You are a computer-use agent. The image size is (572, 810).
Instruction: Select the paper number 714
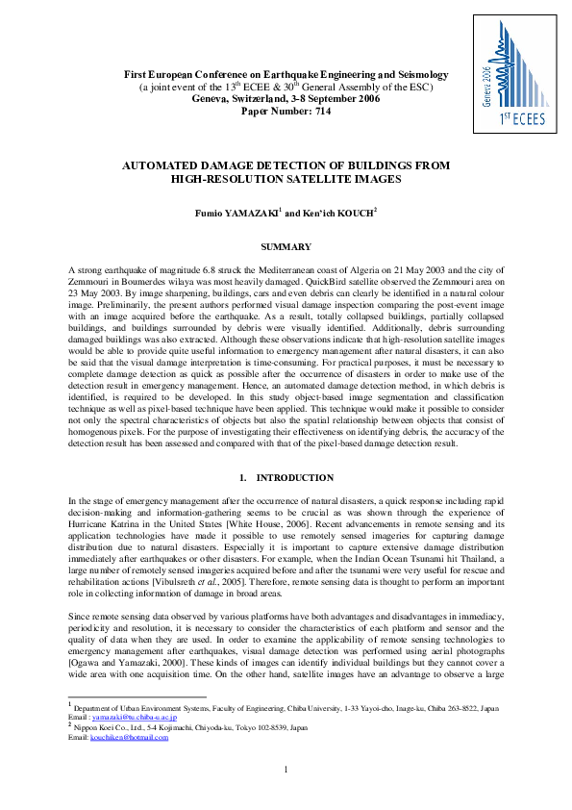click(x=286, y=111)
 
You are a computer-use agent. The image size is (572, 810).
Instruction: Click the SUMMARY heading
click(x=286, y=248)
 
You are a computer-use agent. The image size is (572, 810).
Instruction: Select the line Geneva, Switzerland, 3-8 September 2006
click(x=286, y=98)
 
